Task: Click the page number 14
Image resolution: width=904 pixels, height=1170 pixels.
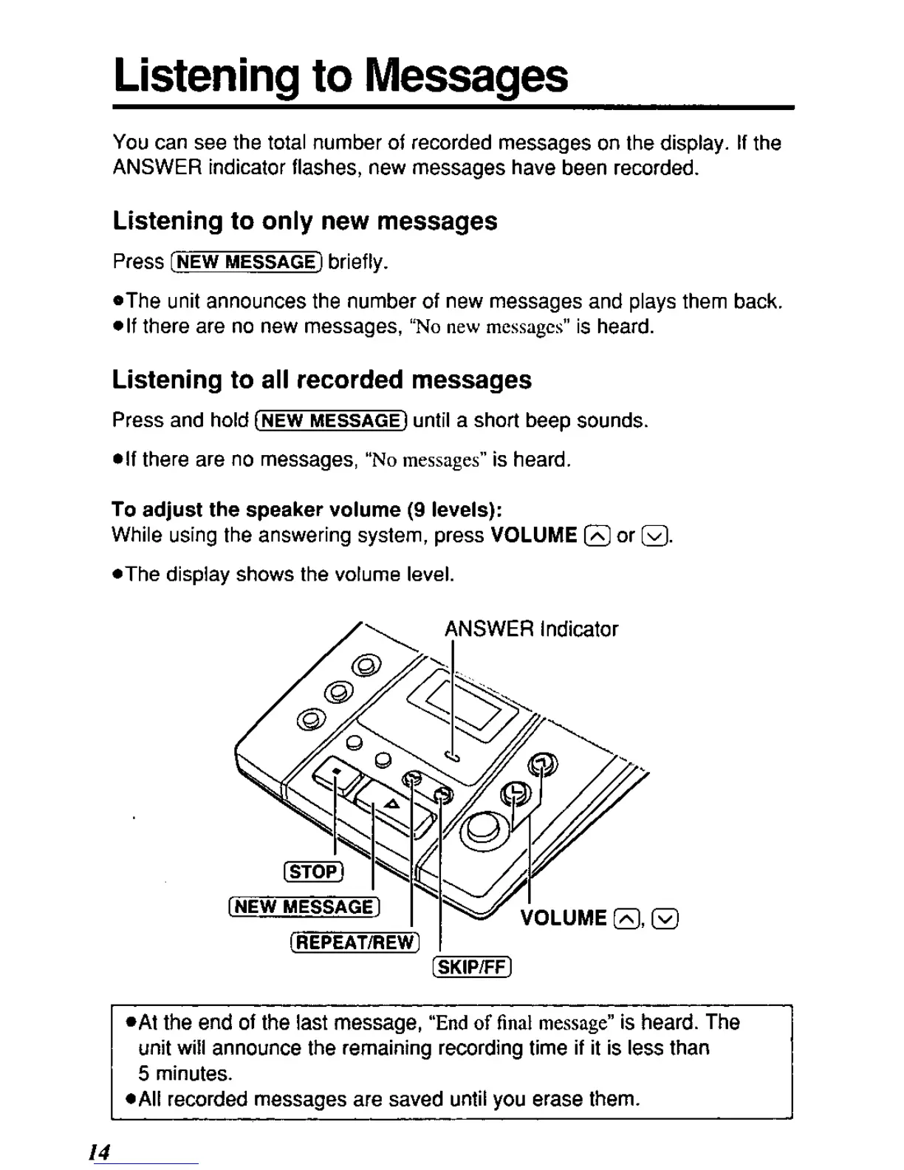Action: point(99,1152)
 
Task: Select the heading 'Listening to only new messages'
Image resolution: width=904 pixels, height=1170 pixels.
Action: point(304,221)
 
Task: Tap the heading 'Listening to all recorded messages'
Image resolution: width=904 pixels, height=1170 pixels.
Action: point(321,380)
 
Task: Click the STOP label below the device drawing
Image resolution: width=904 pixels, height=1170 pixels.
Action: point(313,872)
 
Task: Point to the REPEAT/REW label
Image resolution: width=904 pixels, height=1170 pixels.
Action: point(355,942)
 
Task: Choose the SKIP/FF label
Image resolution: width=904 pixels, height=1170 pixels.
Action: point(471,967)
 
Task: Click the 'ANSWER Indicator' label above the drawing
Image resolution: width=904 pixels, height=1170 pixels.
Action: point(530,629)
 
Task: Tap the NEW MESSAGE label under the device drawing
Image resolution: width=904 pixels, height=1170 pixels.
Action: point(304,906)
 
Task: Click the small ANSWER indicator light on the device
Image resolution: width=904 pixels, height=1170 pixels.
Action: point(453,755)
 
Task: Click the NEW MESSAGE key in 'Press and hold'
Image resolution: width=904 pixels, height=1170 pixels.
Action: point(330,421)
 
